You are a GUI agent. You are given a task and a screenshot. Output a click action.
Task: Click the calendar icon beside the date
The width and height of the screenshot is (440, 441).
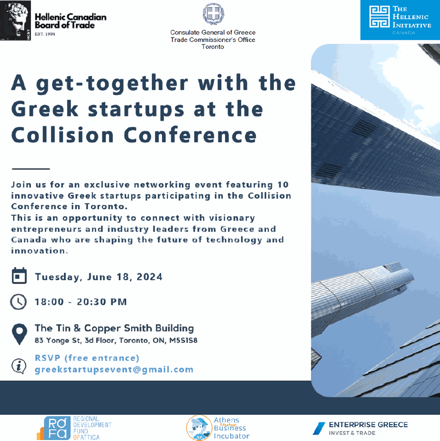pos(19,276)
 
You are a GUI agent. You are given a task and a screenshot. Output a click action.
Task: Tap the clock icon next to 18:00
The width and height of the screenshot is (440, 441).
pos(19,302)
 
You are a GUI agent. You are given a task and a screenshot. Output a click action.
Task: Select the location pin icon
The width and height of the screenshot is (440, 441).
pos(19,334)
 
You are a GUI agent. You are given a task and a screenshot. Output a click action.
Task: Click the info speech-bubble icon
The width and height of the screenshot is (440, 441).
pos(19,366)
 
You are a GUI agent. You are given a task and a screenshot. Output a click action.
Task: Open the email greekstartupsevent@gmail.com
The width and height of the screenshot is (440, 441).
pos(114,369)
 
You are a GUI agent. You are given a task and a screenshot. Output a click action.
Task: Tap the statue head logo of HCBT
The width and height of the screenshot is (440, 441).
pos(15,21)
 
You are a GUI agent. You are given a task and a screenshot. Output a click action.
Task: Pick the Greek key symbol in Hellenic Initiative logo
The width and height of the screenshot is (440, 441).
pos(379,17)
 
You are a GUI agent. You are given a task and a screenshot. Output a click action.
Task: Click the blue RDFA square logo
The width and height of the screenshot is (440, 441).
pos(57,428)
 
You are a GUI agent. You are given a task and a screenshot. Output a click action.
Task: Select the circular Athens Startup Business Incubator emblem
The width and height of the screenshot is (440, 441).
pos(199,428)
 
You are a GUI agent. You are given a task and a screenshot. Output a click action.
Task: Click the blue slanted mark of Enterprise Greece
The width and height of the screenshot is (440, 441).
pos(319,428)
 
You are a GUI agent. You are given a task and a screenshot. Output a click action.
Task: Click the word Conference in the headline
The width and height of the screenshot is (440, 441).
pos(190,135)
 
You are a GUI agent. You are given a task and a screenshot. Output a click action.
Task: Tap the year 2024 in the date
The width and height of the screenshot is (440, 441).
pos(149,277)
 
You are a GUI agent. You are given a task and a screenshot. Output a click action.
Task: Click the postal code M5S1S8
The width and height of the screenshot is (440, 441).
pos(183,340)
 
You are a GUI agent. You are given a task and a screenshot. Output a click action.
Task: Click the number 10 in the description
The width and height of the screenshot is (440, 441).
pos(283,184)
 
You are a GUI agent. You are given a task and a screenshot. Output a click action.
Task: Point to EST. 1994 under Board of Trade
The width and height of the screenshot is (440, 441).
pos(45,34)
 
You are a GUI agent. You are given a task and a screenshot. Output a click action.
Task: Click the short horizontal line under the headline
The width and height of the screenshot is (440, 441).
pos(31,169)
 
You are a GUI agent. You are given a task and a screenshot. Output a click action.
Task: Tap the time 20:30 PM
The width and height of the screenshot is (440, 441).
pos(102,302)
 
